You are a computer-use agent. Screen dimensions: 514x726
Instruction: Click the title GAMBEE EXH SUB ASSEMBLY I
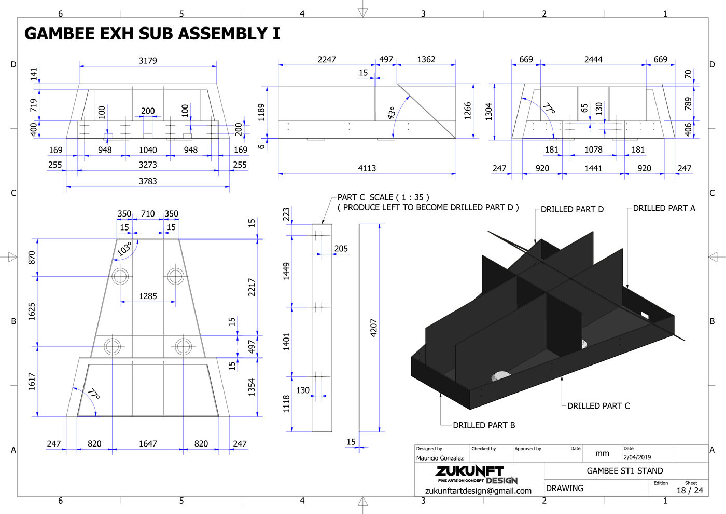(x=152, y=34)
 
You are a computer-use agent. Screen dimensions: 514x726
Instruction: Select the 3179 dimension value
(x=148, y=61)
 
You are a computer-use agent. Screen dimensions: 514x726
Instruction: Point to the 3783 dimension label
(x=148, y=181)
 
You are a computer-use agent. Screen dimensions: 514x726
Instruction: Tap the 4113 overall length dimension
(x=367, y=168)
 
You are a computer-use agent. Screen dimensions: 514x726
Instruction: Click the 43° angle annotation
(x=392, y=113)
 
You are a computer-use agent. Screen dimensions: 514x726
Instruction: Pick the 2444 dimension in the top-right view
(x=593, y=60)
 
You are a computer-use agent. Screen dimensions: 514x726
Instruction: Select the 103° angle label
(x=124, y=249)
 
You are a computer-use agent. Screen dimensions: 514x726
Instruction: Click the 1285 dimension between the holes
(x=148, y=296)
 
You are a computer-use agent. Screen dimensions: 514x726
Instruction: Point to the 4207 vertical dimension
(x=374, y=328)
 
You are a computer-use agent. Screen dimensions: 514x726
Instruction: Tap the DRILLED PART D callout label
(x=572, y=209)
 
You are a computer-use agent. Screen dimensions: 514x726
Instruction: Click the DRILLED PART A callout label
(x=664, y=208)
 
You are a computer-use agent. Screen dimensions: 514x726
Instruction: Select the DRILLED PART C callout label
(x=598, y=406)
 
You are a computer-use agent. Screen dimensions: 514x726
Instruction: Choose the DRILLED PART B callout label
(x=484, y=425)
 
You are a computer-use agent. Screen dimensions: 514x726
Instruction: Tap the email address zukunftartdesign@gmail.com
(x=478, y=491)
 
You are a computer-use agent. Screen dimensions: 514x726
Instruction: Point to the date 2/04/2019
(x=637, y=457)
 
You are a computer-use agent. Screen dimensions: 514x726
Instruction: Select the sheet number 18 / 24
(x=690, y=490)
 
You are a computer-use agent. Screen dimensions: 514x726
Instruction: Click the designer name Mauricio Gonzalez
(x=440, y=458)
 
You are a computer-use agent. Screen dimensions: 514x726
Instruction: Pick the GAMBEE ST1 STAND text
(x=625, y=471)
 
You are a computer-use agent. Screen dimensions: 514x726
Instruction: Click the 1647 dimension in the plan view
(x=148, y=444)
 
